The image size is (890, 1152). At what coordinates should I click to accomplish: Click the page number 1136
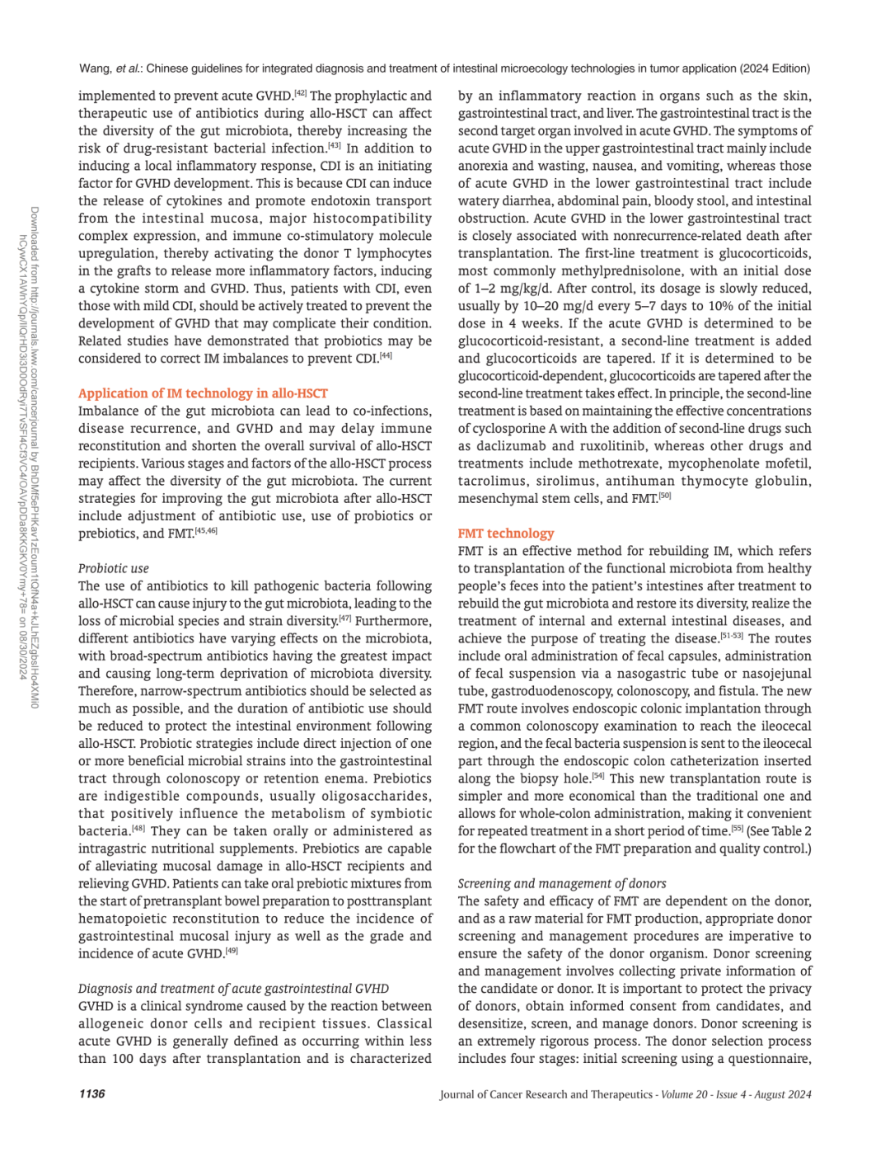click(x=91, y=1093)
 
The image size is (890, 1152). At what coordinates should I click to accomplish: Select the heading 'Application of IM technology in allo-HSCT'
click(x=203, y=393)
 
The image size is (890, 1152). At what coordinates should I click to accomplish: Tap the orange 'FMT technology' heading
click(x=505, y=534)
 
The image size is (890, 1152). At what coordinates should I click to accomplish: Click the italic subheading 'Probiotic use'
click(x=114, y=568)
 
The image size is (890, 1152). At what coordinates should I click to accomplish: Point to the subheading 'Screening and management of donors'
click(x=562, y=883)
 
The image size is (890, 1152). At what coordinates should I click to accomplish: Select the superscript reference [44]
click(x=386, y=355)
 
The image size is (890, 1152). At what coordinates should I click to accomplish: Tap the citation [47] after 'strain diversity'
click(x=344, y=618)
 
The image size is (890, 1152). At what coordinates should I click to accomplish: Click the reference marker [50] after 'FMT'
click(x=664, y=496)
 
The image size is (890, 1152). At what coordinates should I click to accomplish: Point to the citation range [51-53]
click(x=731, y=635)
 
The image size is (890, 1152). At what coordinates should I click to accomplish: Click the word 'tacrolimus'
click(x=491, y=481)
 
